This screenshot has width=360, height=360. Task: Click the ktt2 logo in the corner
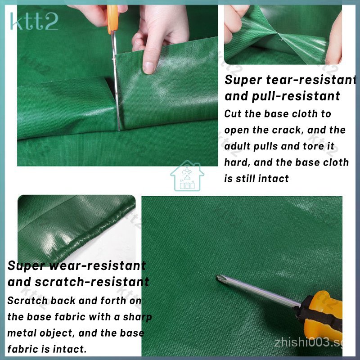click(34, 22)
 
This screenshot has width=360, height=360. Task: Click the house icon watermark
click(187, 175)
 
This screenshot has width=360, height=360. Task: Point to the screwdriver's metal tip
click(218, 277)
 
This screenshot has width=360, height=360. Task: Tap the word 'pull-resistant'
click(296, 96)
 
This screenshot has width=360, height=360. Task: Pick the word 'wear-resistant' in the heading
click(98, 266)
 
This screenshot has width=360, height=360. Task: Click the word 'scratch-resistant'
click(92, 282)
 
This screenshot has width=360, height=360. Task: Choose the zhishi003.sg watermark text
click(308, 343)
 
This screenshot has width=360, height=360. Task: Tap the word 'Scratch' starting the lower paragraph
click(27, 301)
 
